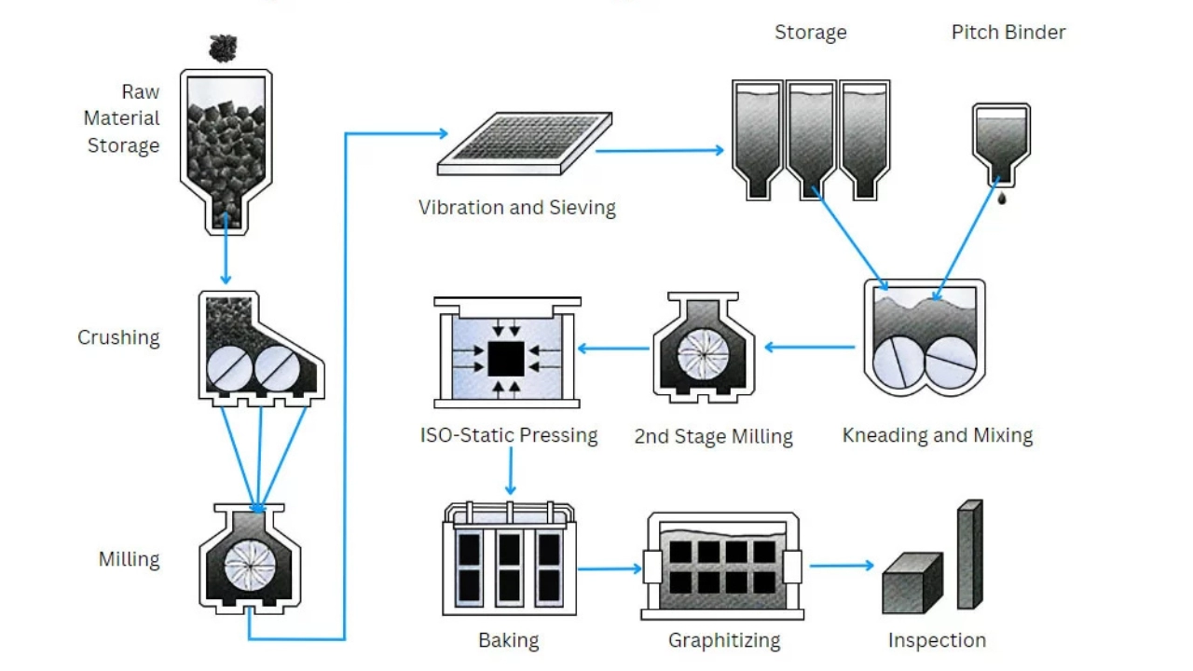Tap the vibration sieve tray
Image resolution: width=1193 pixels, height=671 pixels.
524,144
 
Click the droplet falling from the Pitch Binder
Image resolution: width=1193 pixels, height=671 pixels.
1001,199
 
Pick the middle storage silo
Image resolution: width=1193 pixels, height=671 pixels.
811,138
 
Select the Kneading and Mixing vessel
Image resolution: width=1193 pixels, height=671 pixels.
924,339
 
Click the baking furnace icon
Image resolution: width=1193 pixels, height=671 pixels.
509,559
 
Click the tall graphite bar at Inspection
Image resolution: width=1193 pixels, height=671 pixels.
969,555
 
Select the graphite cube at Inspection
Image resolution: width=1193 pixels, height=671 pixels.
912,583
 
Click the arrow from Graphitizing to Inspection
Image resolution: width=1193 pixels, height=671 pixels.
842,565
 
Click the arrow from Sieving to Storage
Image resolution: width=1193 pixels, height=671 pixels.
660,149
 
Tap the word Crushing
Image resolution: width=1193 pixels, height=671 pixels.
118,337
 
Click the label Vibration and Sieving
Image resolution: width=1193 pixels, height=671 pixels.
517,207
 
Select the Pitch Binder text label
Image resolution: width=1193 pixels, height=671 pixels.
1008,33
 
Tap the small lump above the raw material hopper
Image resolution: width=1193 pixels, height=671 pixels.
223,47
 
